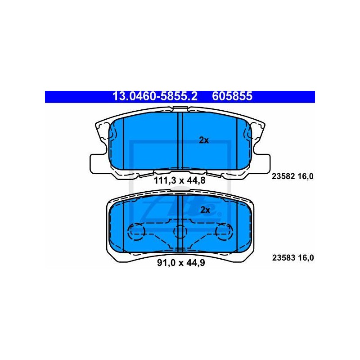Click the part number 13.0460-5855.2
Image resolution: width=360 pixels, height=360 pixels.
[x=155, y=96]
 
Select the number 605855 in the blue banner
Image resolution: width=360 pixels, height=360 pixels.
[x=232, y=96]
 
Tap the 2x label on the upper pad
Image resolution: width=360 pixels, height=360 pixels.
[x=204, y=140]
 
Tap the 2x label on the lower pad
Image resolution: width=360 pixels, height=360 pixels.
[x=205, y=210]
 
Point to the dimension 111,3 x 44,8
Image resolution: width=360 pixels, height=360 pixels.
[x=180, y=180]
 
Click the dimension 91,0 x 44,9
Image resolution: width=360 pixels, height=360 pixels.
[x=181, y=263]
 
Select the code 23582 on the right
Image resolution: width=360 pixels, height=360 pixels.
[x=283, y=176]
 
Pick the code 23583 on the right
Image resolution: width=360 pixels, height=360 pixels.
[x=283, y=258]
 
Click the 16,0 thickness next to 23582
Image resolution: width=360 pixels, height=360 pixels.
[x=306, y=176]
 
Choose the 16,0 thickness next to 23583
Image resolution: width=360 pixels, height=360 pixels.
[x=306, y=258]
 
